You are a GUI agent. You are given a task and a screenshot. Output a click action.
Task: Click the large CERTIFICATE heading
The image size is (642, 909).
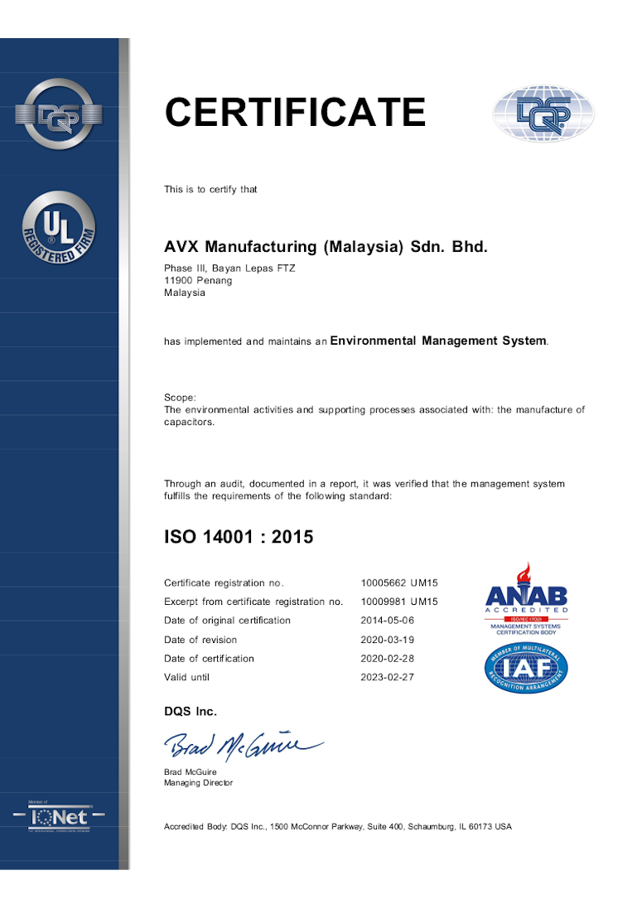pos(295,113)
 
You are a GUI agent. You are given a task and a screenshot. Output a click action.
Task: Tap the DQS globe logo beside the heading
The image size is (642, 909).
pos(543,114)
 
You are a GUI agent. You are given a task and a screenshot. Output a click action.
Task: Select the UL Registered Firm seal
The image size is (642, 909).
pos(59,228)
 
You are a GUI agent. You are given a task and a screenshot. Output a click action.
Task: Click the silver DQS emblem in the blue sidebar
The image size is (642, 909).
pos(59,114)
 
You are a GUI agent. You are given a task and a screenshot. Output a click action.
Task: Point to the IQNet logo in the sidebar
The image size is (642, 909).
pos(59,817)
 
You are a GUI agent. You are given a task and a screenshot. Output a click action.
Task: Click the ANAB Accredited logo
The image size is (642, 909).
pos(526,597)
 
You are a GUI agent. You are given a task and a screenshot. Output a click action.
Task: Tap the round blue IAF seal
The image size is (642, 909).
pos(526,669)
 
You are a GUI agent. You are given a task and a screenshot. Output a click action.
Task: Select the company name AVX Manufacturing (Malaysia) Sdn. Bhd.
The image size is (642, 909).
pos(326,247)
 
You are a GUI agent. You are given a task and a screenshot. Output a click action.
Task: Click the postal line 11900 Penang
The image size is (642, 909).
pos(198,280)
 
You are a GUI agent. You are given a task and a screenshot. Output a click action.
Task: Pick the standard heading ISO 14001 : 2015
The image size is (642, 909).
pos(239,537)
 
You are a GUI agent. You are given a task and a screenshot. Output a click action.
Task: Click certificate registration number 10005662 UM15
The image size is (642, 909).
pos(399,583)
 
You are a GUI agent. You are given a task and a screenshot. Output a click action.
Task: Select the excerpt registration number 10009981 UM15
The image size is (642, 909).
pos(399,602)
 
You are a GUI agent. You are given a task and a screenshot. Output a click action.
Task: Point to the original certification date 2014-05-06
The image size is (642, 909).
pos(387,621)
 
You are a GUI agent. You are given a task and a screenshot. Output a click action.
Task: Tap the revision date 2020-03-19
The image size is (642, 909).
pos(387,640)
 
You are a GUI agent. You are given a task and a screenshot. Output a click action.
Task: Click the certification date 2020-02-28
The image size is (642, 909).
pos(387,659)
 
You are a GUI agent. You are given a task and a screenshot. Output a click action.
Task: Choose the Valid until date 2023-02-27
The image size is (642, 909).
pos(387,677)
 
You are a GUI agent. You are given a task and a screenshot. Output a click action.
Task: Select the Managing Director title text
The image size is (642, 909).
pos(199,783)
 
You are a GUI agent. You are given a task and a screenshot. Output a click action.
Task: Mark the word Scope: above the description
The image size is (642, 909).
pos(180,398)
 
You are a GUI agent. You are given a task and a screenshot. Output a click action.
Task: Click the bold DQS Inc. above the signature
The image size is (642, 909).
pos(191,712)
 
